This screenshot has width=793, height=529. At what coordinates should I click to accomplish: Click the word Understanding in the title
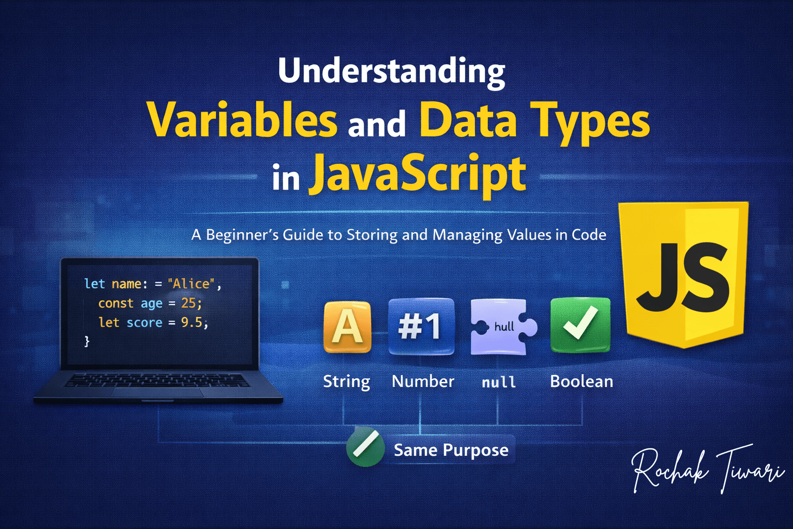pos(391,73)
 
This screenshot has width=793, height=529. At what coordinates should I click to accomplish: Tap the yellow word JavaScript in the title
pos(417,176)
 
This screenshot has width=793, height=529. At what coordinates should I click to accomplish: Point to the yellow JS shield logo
pos(683,275)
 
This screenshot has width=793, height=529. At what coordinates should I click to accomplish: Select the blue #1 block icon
pos(421,326)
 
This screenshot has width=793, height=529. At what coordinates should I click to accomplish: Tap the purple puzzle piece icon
pos(503,326)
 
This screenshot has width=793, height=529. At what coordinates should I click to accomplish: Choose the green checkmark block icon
pos(581,325)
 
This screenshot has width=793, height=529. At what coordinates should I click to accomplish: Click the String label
pos(346,382)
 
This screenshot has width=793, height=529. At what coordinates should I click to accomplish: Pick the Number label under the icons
pos(423,381)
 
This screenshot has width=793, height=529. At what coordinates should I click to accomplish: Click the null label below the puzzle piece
pos(499,382)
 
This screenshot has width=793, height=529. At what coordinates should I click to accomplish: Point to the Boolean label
pos(581,381)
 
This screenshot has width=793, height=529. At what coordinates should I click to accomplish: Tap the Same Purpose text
pos(451,450)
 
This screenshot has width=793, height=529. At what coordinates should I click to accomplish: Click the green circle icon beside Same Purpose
pos(366,447)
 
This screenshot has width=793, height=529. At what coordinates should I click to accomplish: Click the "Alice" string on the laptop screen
pos(191,284)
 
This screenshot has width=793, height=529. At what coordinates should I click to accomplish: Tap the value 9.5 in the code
pos(192,322)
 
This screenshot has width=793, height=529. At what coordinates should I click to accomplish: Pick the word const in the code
pos(116,303)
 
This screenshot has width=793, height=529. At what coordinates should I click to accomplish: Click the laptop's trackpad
pos(157,392)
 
